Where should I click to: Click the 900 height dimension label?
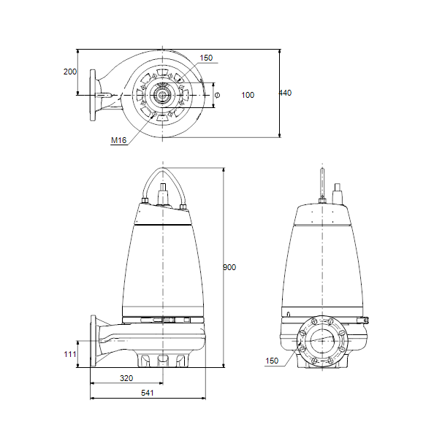coord(229,267)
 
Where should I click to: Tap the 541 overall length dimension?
coord(148,393)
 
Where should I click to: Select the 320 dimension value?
coord(126,378)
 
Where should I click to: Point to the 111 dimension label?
coord(70,354)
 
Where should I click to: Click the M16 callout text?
coord(119,140)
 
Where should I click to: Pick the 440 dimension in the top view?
coord(285,93)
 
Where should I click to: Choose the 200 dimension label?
coord(70,72)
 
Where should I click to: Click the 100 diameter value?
coord(248,95)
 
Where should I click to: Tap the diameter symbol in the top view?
coord(217,95)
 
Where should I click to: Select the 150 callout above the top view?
coord(206,58)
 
